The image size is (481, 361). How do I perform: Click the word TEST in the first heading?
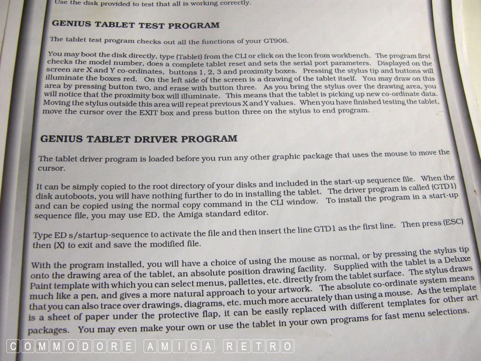pos(152,25)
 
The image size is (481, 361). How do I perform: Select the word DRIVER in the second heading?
pos(156,139)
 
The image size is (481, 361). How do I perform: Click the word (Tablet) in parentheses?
pos(189,57)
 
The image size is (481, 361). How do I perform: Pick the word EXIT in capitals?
pos(149,112)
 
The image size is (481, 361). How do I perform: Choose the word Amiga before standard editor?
pos(190,214)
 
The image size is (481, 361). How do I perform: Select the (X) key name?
pos(59,245)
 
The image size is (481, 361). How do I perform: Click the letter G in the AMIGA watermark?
pos(193,346)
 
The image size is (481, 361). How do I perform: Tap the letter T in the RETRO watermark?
pos(259,346)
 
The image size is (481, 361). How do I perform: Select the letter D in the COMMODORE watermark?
pos(85,346)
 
